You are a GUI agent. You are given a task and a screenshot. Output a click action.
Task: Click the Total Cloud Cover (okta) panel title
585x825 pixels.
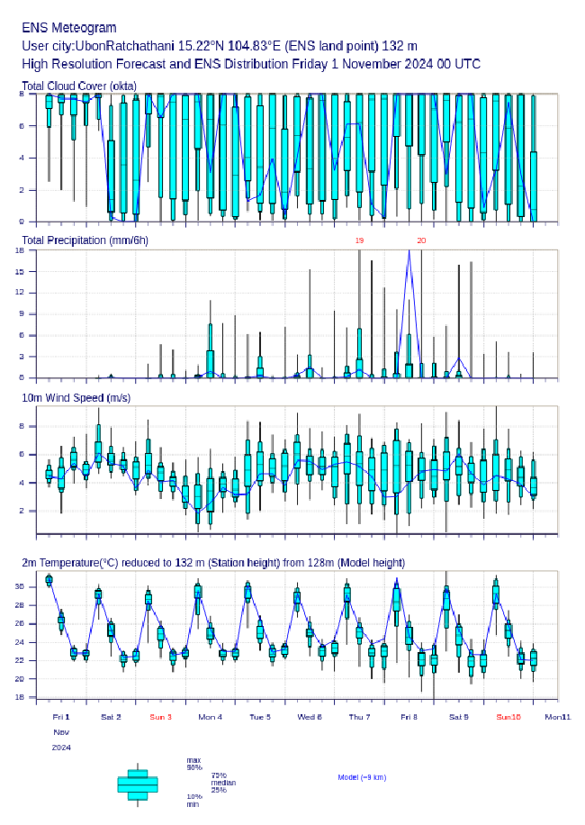click(x=79, y=86)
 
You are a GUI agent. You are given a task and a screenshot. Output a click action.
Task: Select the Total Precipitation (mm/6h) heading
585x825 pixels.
click(x=85, y=240)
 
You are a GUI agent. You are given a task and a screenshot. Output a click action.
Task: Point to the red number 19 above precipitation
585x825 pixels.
click(x=359, y=240)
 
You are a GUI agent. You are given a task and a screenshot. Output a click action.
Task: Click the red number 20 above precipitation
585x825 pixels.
click(x=421, y=240)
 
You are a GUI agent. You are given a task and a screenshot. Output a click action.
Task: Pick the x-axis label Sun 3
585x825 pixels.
click(x=160, y=717)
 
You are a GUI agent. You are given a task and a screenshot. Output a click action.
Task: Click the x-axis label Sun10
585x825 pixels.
click(x=508, y=717)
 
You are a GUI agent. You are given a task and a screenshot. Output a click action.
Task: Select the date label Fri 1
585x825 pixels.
click(x=61, y=717)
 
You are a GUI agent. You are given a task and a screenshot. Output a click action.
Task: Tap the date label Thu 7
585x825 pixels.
click(x=358, y=717)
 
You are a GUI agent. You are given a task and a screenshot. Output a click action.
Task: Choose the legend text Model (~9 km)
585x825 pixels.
click(x=362, y=776)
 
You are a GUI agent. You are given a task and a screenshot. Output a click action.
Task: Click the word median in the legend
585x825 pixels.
click(x=223, y=783)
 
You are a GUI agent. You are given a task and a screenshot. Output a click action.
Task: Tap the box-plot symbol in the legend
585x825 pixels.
click(x=138, y=784)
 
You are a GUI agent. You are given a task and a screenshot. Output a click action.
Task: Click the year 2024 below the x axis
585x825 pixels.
click(x=61, y=748)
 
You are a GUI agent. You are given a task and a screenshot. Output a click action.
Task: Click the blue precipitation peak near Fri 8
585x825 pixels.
click(x=409, y=251)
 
